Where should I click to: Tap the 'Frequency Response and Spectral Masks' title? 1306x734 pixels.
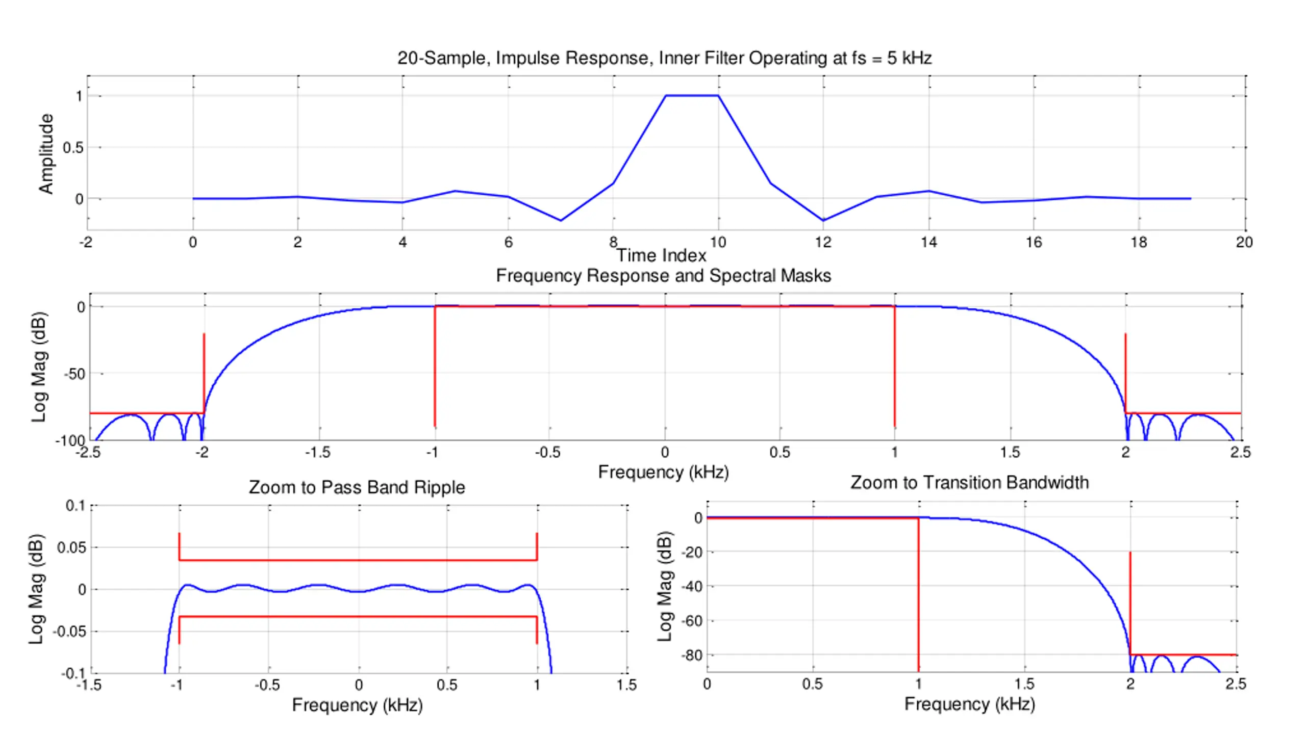[x=663, y=276]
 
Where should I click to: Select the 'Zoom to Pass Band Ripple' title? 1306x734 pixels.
[x=357, y=487]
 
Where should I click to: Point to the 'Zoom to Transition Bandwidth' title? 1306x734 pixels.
[x=969, y=482]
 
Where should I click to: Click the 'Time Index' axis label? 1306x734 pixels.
[x=661, y=255]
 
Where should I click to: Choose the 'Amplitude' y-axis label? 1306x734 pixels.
[x=46, y=153]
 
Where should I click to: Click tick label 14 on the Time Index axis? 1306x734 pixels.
[x=928, y=242]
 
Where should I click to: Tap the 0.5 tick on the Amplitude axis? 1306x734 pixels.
[x=72, y=148]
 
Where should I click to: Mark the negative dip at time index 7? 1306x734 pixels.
[x=561, y=220]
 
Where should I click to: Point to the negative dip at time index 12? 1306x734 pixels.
[x=823, y=220]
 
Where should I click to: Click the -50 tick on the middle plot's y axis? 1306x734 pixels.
[x=74, y=374]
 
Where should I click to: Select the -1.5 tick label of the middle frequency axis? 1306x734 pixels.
[x=317, y=452]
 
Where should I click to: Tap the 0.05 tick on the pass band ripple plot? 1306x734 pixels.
[x=71, y=548]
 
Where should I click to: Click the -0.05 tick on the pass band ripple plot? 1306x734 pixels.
[x=69, y=632]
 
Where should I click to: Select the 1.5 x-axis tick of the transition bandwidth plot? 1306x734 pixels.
[x=1024, y=684]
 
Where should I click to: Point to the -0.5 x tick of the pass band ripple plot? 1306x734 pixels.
[x=267, y=685]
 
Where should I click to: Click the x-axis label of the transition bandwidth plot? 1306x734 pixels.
[x=969, y=704]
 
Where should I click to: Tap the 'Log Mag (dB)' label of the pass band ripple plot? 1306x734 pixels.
[x=37, y=589]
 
